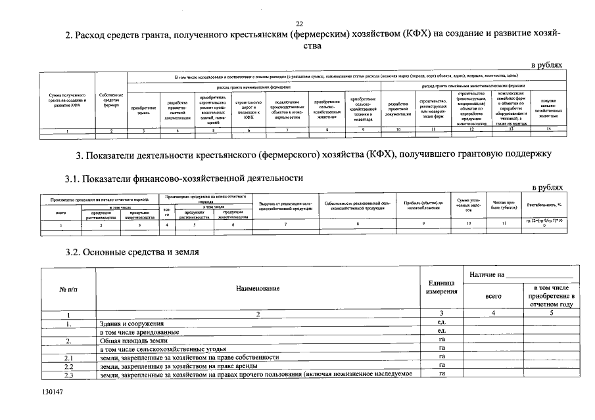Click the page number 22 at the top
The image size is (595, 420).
[300, 24]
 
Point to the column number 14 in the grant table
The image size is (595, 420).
[548, 130]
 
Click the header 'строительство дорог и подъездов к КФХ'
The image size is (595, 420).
[248, 110]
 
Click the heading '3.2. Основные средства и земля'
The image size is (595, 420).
[132, 251]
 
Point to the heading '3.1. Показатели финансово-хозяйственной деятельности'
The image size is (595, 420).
[184, 178]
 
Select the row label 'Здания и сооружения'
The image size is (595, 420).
[132, 324]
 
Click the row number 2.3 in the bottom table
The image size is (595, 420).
[68, 374]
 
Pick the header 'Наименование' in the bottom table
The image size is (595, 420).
[258, 288]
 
